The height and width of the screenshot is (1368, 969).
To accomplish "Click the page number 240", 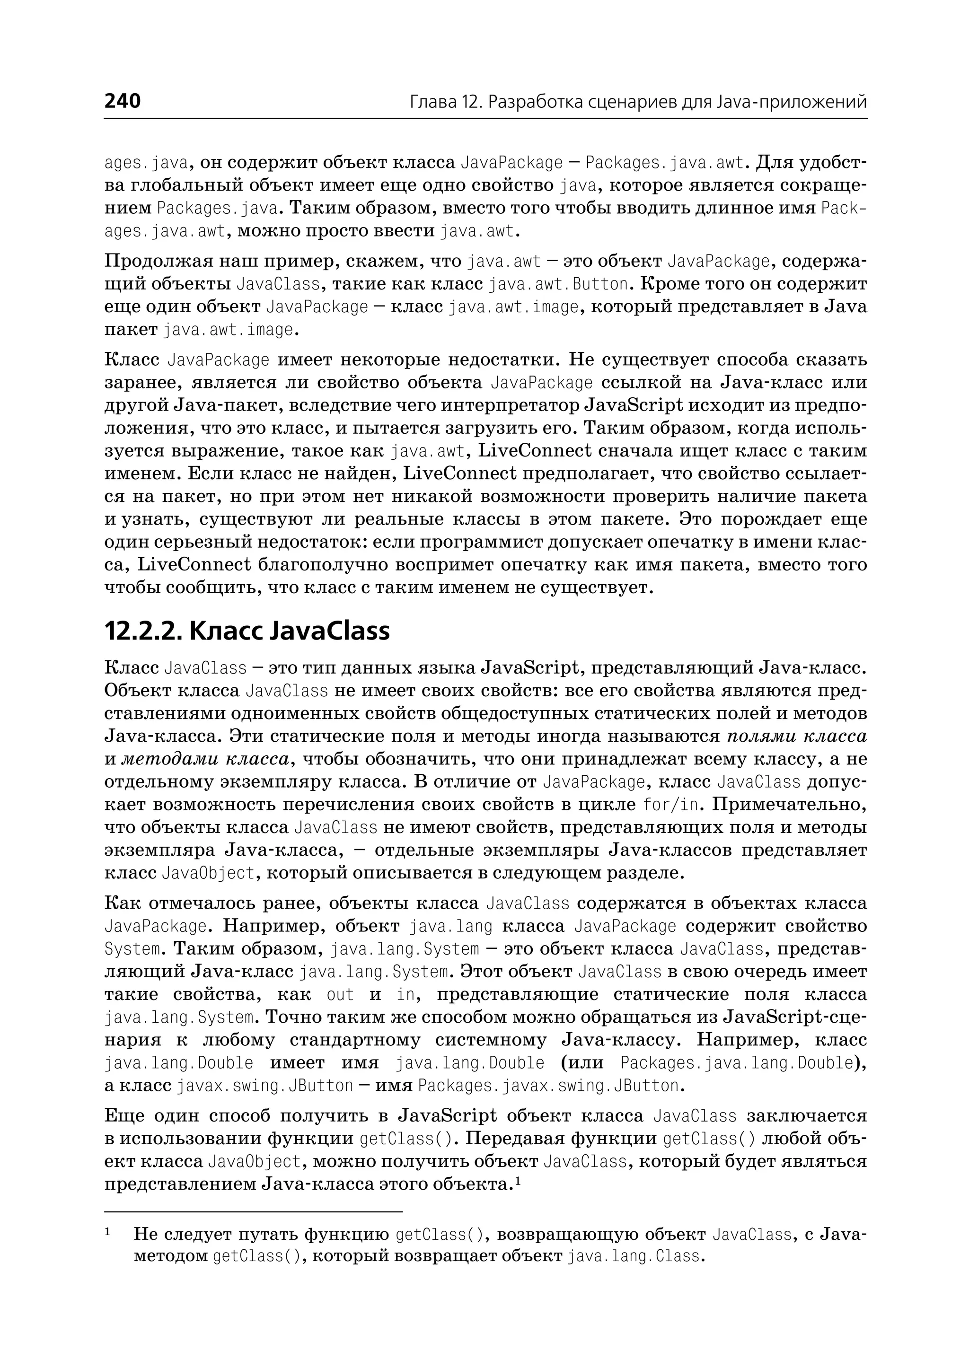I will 123,101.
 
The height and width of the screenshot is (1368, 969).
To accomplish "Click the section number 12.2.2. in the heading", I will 142,631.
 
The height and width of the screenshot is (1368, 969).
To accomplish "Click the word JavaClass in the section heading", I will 329,631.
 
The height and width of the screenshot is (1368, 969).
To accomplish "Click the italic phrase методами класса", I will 205,760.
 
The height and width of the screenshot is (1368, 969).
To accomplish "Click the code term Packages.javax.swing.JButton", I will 548,1085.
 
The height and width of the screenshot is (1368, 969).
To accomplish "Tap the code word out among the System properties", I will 340,994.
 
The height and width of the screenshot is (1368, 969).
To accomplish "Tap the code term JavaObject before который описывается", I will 208,873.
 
